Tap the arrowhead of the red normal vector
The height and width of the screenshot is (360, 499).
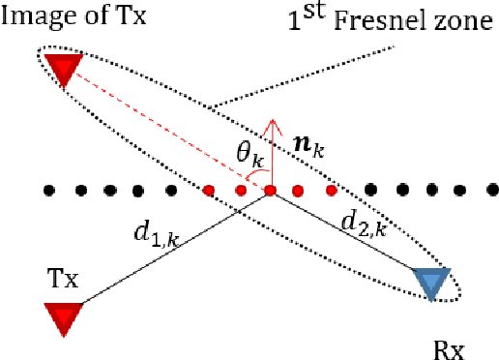pos(272,124)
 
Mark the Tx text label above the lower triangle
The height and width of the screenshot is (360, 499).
pos(61,278)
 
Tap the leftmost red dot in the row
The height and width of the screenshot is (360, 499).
pos(209,190)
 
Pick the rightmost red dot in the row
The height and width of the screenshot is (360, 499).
pos(331,190)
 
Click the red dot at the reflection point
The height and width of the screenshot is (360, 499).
pos(271,190)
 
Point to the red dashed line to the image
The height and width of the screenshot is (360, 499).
pos(164,129)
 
